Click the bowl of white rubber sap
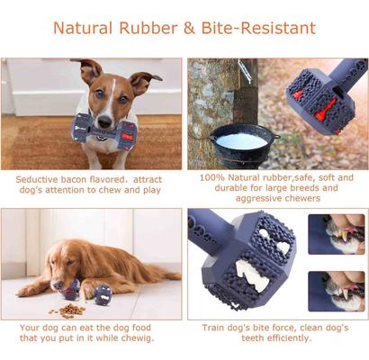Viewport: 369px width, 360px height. (x=242, y=142)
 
